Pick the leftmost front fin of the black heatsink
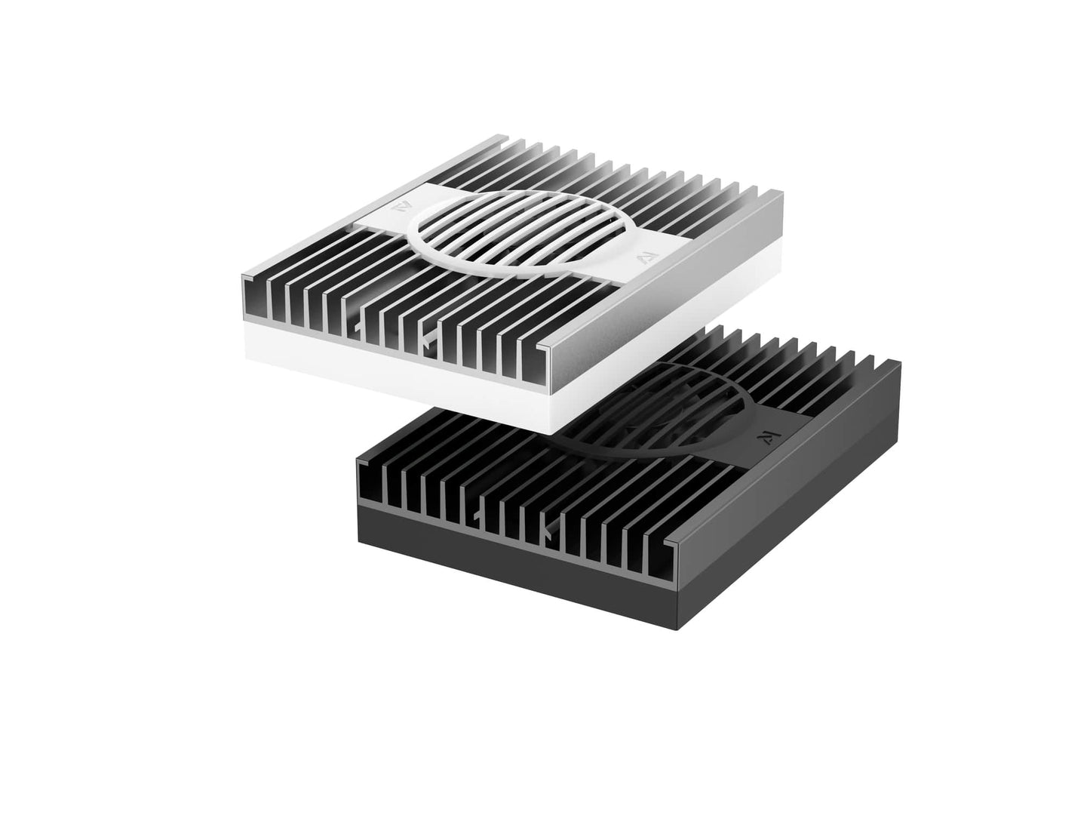coord(370,483)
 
